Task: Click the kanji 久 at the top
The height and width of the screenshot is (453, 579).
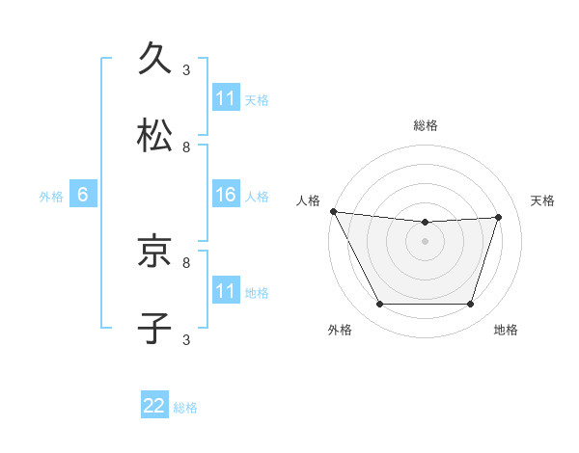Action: click(155, 59)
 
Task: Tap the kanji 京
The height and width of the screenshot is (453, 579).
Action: click(155, 252)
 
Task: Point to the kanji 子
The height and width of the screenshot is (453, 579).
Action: click(155, 328)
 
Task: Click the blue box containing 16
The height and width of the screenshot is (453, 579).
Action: click(226, 195)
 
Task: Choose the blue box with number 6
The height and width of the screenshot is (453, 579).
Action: click(83, 195)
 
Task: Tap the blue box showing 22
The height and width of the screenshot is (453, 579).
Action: click(154, 407)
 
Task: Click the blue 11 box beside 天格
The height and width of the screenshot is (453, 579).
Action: click(226, 98)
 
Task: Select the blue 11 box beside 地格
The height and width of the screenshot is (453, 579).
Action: click(226, 291)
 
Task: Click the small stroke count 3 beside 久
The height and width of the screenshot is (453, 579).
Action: click(186, 69)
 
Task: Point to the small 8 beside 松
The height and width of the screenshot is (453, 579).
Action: click(186, 147)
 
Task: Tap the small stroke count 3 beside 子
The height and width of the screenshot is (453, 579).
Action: click(186, 339)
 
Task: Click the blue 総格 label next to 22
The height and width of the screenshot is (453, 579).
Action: click(185, 408)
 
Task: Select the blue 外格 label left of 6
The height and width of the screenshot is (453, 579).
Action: click(51, 196)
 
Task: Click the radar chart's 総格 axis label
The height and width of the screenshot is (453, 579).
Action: click(426, 125)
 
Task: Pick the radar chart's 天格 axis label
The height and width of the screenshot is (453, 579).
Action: click(542, 200)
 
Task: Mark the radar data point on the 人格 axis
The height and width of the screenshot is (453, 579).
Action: click(333, 211)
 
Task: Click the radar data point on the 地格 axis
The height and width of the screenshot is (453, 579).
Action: click(471, 305)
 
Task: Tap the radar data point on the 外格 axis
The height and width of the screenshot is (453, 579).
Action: click(379, 305)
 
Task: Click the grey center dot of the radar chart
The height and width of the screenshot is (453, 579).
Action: click(426, 241)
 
